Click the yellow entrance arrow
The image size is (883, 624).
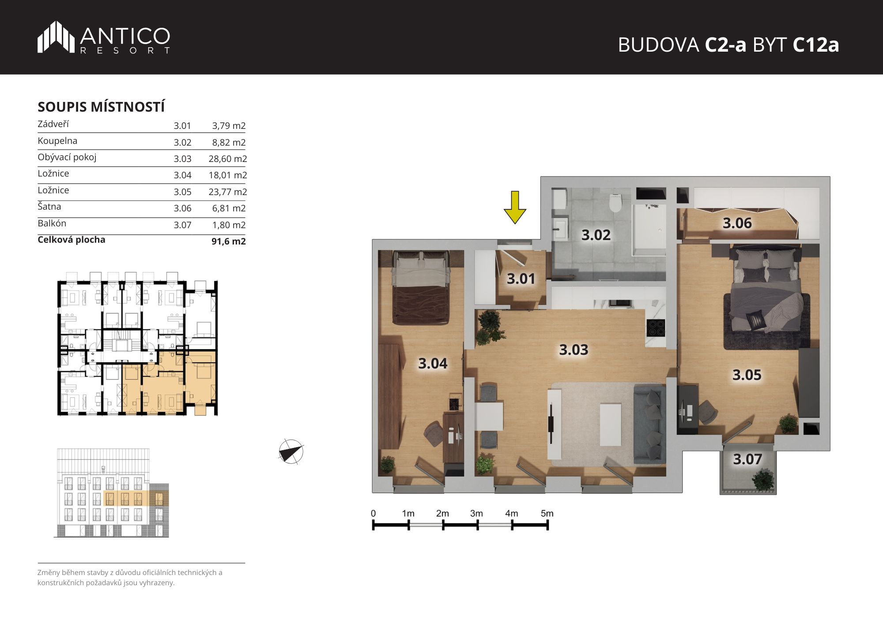pyautogui.click(x=515, y=207)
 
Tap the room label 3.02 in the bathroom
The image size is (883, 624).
pyautogui.click(x=596, y=235)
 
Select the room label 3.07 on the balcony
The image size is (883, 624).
pyautogui.click(x=747, y=459)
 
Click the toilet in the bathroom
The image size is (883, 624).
pyautogui.click(x=615, y=203)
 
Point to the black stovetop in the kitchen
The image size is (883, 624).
pyautogui.click(x=656, y=328)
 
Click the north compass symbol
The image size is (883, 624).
pyautogui.click(x=291, y=452)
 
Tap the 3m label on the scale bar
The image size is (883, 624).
pyautogui.click(x=476, y=513)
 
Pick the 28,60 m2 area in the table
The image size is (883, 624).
pyautogui.click(x=228, y=159)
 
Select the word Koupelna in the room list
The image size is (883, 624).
pyautogui.click(x=57, y=141)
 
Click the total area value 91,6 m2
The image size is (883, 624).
pyautogui.click(x=229, y=241)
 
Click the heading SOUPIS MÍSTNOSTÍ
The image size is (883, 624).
pyautogui.click(x=101, y=107)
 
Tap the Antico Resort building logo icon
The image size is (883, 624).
pyautogui.click(x=56, y=37)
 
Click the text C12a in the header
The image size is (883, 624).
pyautogui.click(x=816, y=45)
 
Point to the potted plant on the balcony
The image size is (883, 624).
pyautogui.click(x=763, y=480)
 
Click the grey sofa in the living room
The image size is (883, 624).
pyautogui.click(x=649, y=424)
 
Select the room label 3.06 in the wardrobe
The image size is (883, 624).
pyautogui.click(x=737, y=223)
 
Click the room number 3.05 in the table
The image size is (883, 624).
pyautogui.click(x=182, y=192)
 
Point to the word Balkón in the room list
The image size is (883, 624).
pyautogui.click(x=52, y=223)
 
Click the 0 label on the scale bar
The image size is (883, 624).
pyautogui.click(x=374, y=513)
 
